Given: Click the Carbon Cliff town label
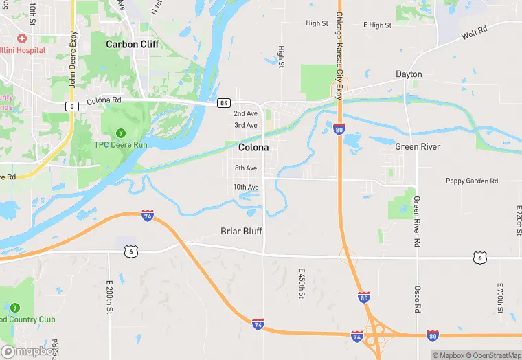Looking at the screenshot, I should coord(132,44).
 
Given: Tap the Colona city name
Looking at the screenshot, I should coord(253,147).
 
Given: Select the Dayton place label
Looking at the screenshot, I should coord(409,74).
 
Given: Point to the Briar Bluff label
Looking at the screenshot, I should coord(241,232).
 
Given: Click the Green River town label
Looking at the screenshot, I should coord(418,147).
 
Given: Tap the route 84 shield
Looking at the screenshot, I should coord(223,103).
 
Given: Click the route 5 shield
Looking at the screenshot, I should coord(71,106).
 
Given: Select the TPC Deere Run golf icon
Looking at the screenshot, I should coord(121,133).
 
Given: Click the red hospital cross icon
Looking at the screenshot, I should coord(22,38).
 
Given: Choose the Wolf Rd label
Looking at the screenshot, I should coord(474,32).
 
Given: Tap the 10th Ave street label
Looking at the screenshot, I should coord(245,188).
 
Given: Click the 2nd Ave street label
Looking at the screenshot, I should coord(245,113).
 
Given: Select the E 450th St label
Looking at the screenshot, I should coord(302,284).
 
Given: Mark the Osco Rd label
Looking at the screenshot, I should coord(417,300).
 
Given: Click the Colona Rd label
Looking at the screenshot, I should coord(104,101).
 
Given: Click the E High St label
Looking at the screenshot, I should coord(377,25).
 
